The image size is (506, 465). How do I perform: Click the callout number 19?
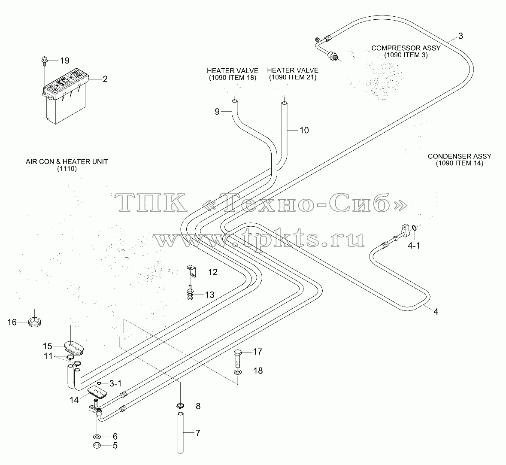pos(64,61)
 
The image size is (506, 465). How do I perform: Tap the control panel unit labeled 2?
pos(66,96)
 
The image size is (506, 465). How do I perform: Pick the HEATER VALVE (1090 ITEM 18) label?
pos(232,74)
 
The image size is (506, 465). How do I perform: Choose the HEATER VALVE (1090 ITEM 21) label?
pos(293,73)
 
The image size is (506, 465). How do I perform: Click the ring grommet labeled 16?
pos(34,322)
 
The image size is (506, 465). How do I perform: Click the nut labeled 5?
pos(97,446)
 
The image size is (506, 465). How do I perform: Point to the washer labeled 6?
pos(97,437)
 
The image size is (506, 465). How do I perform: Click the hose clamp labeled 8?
pos(180,405)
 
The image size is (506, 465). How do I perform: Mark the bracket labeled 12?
pos(192,270)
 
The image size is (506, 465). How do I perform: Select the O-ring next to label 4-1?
pos(414,228)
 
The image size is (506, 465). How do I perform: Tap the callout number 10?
pos(304,130)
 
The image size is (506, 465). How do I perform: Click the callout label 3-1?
pos(115,383)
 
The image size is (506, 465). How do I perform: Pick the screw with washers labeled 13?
pos(191,292)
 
